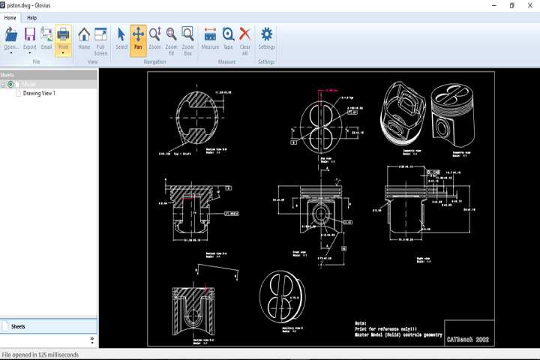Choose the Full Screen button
[x=100, y=37]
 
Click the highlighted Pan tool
[x=138, y=37]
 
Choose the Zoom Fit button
[x=171, y=37]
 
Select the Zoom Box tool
[x=188, y=37]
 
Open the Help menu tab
[x=32, y=17]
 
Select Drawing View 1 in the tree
[x=39, y=94]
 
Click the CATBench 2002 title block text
[x=468, y=340]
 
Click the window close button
[x=529, y=5]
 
